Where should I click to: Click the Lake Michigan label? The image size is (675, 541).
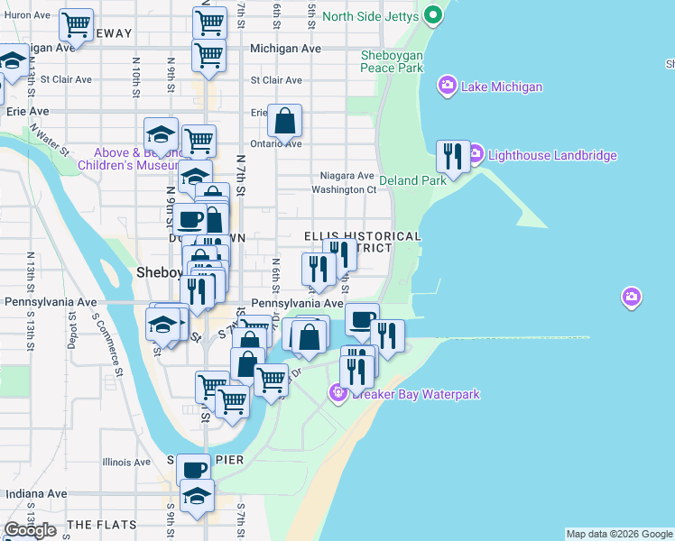click(501, 87)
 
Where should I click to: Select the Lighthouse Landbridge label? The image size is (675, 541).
click(552, 155)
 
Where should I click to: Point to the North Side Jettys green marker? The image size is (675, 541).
click(433, 15)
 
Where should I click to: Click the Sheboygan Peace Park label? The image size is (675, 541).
click(392, 61)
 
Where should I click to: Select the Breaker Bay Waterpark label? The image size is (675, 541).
click(415, 394)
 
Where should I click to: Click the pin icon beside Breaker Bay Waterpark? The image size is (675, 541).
click(338, 392)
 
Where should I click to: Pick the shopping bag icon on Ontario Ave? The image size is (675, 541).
click(284, 121)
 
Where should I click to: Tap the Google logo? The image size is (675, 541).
click(30, 530)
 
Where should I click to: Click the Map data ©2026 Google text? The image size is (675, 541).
click(619, 534)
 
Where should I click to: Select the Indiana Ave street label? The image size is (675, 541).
click(36, 494)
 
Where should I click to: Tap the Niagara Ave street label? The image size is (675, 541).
click(347, 176)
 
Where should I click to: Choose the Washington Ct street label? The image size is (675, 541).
click(343, 190)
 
